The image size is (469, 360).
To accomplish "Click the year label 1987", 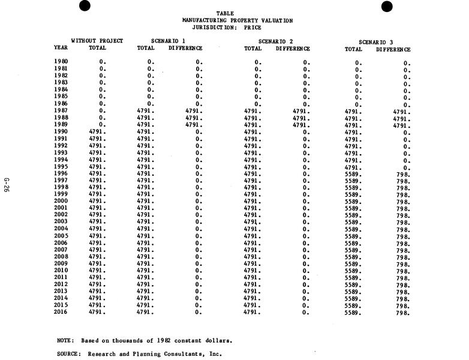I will click(61, 110).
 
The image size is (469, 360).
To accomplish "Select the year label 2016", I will click(61, 312).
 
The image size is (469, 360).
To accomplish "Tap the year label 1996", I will click(61, 173).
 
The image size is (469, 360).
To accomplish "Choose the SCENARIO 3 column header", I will click(376, 42).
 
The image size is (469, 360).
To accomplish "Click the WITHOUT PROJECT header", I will click(97, 41).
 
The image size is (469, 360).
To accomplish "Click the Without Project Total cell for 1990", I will click(97, 131).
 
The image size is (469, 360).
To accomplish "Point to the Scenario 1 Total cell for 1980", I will click(151, 62).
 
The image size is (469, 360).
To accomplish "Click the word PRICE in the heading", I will click(252, 28).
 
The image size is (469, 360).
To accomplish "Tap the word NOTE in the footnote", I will click(65, 340).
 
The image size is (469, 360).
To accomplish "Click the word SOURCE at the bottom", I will click(68, 354).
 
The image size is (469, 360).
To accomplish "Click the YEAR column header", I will click(61, 47).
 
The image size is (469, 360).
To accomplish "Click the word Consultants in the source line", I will click(184, 354).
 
